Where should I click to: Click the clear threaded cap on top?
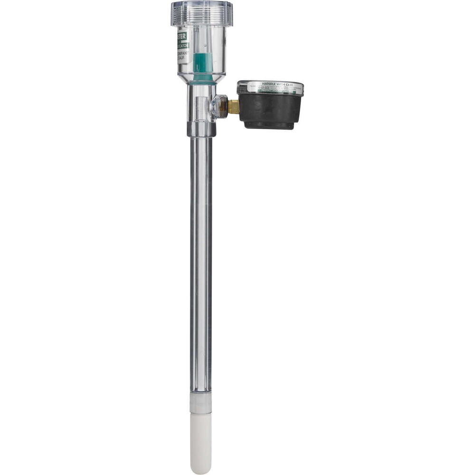[x=202, y=13]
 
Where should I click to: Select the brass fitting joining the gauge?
[x=233, y=107]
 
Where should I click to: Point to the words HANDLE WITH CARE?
[x=270, y=84]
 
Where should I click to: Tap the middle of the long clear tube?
[x=201, y=266]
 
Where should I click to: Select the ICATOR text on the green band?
[x=184, y=46]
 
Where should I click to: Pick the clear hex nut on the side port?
[x=219, y=106]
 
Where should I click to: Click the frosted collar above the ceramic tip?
[x=201, y=403]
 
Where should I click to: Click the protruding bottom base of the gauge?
[x=270, y=126]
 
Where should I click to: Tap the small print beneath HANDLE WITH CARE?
[x=270, y=88]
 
